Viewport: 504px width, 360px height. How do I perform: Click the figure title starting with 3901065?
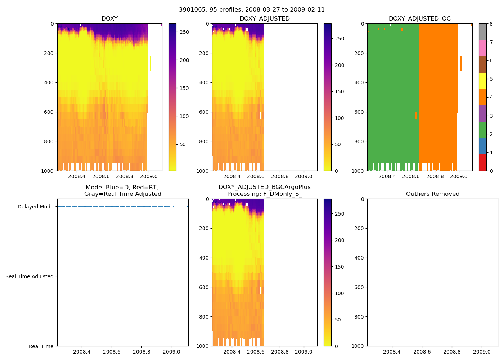point(252,10)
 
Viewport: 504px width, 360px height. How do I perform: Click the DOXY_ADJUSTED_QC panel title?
point(419,19)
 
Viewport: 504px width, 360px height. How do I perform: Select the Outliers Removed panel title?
point(433,194)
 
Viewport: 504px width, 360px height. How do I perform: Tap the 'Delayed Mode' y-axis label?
point(35,207)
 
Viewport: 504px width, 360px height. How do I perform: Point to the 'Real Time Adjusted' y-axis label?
point(30,276)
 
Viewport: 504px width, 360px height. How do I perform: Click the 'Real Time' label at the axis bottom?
point(41,346)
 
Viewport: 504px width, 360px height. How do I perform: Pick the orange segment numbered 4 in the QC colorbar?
point(482,97)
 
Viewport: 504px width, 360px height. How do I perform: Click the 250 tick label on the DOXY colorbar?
point(184,32)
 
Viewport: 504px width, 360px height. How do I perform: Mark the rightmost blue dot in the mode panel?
point(187,206)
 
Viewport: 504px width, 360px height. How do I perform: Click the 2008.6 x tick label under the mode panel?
point(112,352)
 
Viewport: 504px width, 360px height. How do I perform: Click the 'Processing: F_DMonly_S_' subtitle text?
point(264,194)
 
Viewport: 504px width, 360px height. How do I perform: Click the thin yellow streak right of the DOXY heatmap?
point(150,63)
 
